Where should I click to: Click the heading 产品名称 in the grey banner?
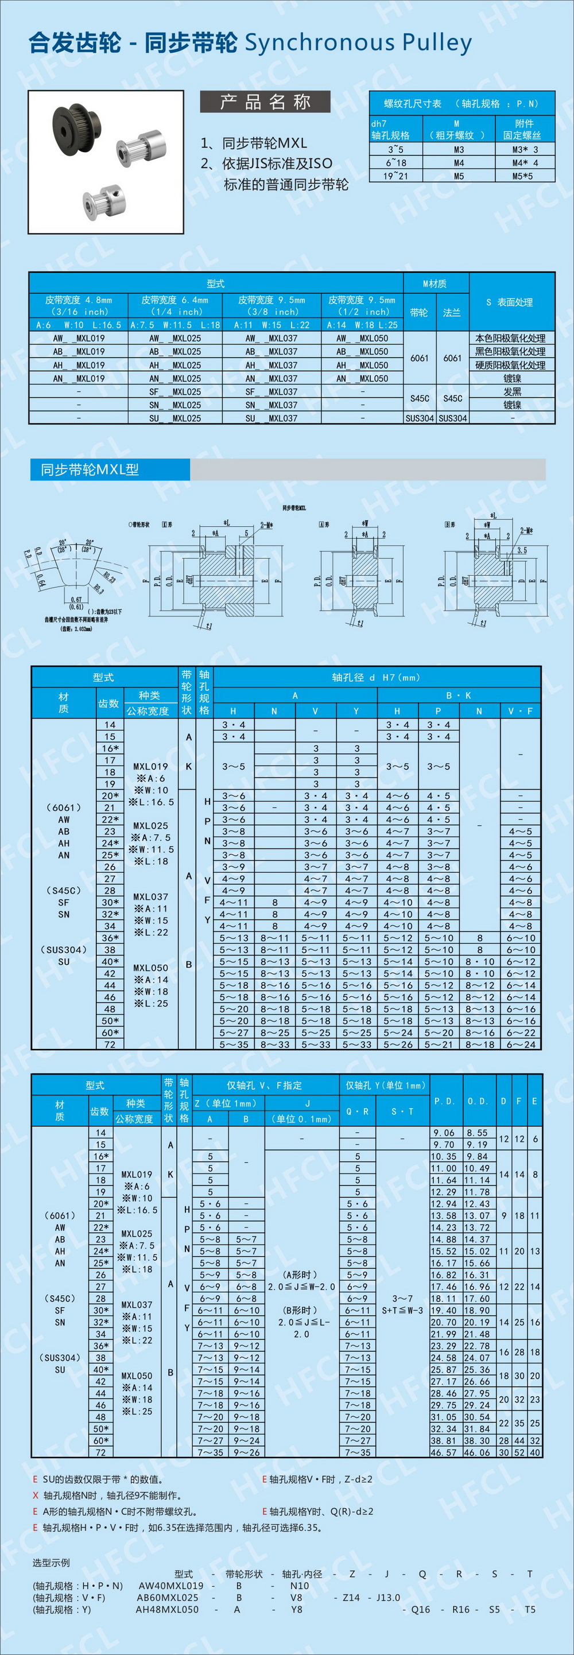coord(265,102)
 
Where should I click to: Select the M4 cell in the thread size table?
coord(458,162)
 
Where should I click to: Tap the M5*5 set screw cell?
coord(525,176)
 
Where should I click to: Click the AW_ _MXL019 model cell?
coord(79,338)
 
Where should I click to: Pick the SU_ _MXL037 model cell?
coord(270,418)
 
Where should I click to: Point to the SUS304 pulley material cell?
coord(419,418)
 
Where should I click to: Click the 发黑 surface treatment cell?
coord(511,391)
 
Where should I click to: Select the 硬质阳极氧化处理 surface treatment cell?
coord(510,365)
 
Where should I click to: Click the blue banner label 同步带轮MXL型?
coord(90,469)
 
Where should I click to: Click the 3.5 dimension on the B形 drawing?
coord(522,550)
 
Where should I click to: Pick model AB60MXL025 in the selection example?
coord(168,1597)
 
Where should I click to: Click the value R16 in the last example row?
coord(460,1610)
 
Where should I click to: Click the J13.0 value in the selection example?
coord(389,1597)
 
